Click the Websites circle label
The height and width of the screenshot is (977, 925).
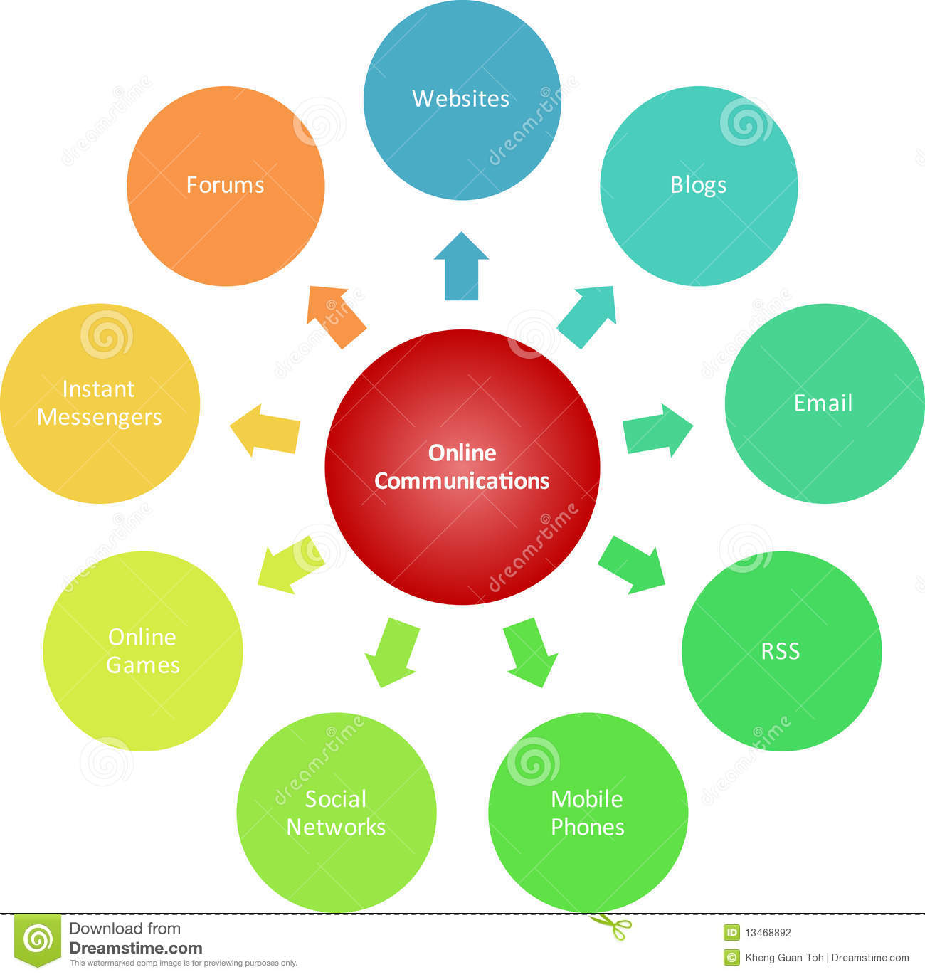pos(460,98)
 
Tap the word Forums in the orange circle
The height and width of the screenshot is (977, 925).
pos(225,185)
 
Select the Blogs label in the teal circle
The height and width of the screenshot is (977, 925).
pos(698,185)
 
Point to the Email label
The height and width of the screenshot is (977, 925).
pos(823,403)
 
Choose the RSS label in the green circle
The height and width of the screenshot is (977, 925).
pos(781,651)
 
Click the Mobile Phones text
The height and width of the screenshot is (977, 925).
pos(587,813)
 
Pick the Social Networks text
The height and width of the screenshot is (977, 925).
pos(336,813)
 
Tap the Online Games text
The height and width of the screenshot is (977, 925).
pos(142,651)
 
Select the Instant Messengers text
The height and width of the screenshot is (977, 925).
pos(99,403)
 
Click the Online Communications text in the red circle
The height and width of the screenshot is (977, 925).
pos(462,467)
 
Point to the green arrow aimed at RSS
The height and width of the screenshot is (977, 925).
pos(633,565)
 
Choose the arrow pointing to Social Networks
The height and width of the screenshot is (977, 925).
pos(391,650)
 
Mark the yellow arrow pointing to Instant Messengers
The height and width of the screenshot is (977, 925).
pos(265,430)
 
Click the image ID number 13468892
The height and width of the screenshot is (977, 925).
pos(768,933)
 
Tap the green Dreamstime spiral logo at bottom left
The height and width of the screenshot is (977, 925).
pos(38,940)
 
